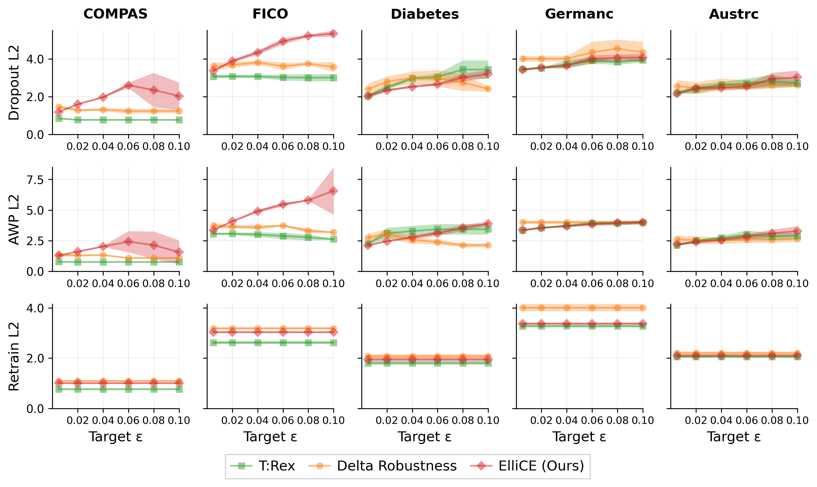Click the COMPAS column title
pyautogui.click(x=115, y=14)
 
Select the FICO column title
pyautogui.click(x=270, y=14)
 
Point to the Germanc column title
pyautogui.click(x=579, y=14)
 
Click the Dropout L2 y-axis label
pyautogui.click(x=14, y=83)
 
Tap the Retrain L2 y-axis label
pyautogui.click(x=14, y=356)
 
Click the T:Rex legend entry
pyautogui.click(x=263, y=466)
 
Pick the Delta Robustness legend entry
pyautogui.click(x=383, y=466)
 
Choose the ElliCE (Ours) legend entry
pyautogui.click(x=527, y=466)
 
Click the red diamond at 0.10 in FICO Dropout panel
pyautogui.click(x=334, y=34)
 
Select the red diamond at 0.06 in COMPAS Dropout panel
pyautogui.click(x=128, y=85)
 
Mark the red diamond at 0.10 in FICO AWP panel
pyautogui.click(x=334, y=191)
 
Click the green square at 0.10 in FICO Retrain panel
pyautogui.click(x=334, y=343)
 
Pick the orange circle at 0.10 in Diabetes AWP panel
pyautogui.click(x=488, y=245)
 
